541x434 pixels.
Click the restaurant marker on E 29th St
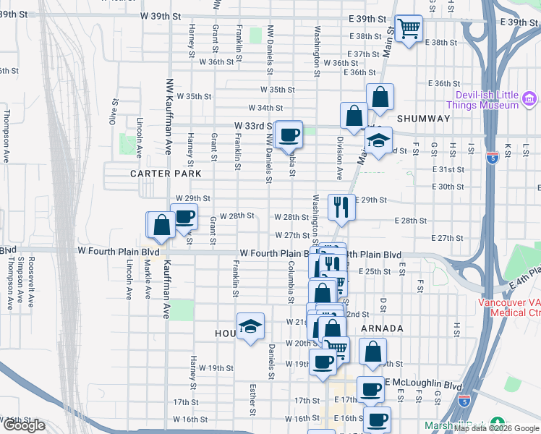click(x=341, y=208)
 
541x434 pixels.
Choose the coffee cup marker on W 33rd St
click(x=289, y=134)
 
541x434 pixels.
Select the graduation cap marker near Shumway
click(x=378, y=140)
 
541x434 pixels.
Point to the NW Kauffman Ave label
click(x=169, y=116)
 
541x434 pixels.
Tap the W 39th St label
click(x=160, y=15)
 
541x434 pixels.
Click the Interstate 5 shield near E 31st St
click(x=491, y=159)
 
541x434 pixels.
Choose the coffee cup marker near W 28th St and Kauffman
click(x=184, y=216)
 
